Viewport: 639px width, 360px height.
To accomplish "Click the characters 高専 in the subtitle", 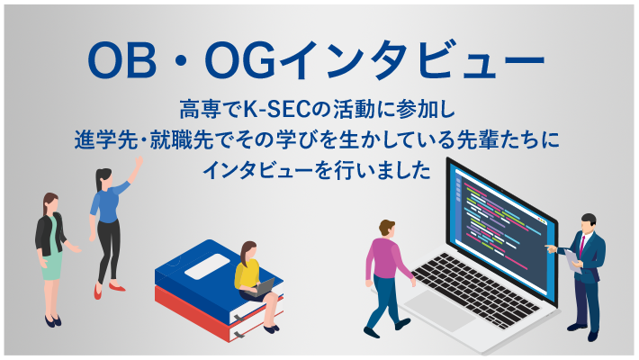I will click(196, 112).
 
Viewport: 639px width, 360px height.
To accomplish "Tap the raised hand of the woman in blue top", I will click(139, 161).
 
